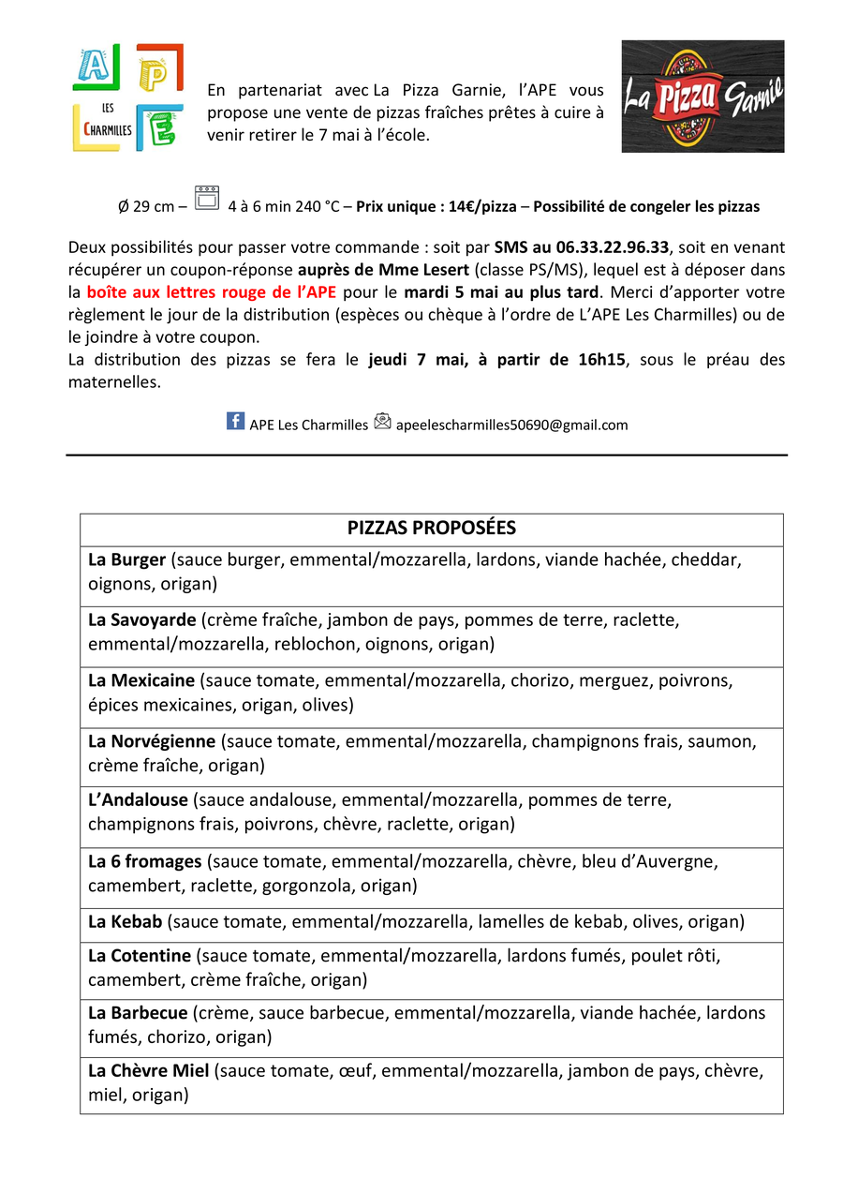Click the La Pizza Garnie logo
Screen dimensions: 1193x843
(x=702, y=96)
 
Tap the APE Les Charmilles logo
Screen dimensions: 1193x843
(x=127, y=97)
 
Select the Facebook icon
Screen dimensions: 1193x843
(x=236, y=421)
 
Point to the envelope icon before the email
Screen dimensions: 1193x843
(x=382, y=422)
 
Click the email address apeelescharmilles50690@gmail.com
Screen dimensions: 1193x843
(x=511, y=425)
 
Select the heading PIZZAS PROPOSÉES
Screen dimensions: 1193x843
(x=431, y=528)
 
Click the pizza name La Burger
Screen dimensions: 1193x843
(x=126, y=560)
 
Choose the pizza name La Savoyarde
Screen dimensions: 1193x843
(x=142, y=620)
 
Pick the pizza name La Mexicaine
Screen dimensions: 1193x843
(x=141, y=680)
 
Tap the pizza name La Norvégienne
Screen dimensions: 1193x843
(x=152, y=741)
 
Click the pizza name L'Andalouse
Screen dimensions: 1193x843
(x=138, y=800)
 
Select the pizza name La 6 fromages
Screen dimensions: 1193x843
(x=145, y=861)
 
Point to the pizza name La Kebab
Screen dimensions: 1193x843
(x=126, y=922)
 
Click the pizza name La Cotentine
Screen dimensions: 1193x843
(x=140, y=956)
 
